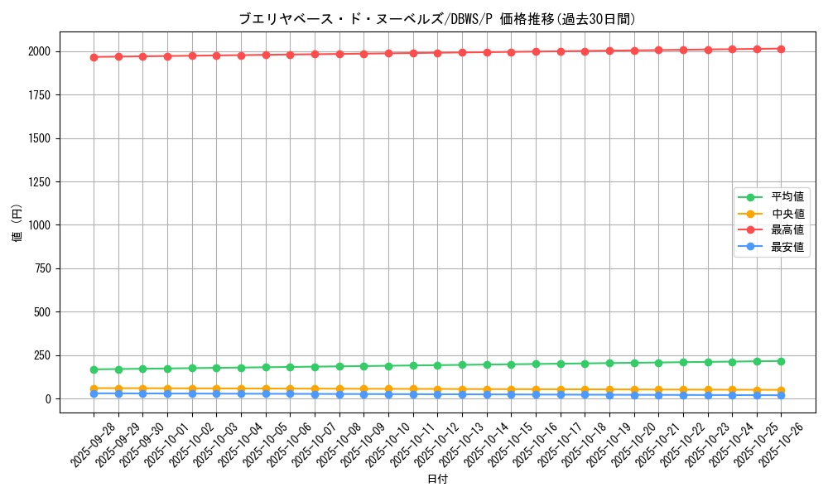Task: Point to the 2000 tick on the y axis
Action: tap(39, 51)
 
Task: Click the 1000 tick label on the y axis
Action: tap(39, 225)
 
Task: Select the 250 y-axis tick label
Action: tap(42, 355)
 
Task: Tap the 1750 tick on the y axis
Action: tap(39, 95)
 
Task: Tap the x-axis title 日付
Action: tap(437, 480)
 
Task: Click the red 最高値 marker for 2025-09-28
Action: tap(94, 57)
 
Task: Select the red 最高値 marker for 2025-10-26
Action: tap(781, 49)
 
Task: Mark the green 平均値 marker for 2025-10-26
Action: tap(781, 361)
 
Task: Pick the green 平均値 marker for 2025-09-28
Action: tap(94, 369)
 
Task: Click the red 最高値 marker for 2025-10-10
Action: tap(388, 53)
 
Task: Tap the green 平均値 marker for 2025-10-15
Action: tap(511, 364)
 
